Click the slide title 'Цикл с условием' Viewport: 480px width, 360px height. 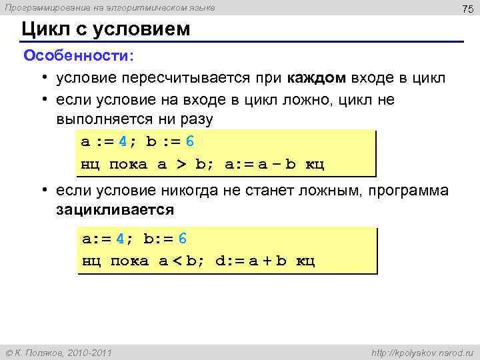(x=105, y=29)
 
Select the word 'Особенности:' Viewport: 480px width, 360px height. (x=79, y=55)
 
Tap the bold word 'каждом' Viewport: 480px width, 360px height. (x=317, y=78)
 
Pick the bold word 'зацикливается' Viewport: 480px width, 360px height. (x=115, y=209)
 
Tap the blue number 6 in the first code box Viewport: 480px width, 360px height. (x=189, y=142)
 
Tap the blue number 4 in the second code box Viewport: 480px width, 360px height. (x=120, y=239)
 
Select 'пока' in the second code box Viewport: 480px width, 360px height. (x=129, y=261)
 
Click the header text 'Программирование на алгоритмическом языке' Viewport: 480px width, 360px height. (x=110, y=7)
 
